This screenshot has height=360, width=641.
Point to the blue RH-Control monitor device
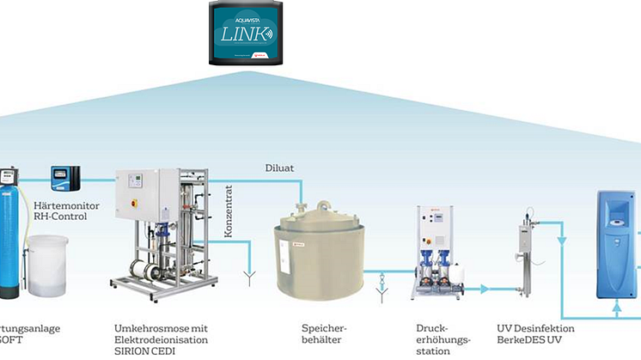65,180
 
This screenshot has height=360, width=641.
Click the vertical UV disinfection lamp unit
525,247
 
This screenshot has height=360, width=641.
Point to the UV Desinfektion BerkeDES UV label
534,334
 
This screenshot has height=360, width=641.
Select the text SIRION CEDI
142,351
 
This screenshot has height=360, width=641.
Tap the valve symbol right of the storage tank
382,279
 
